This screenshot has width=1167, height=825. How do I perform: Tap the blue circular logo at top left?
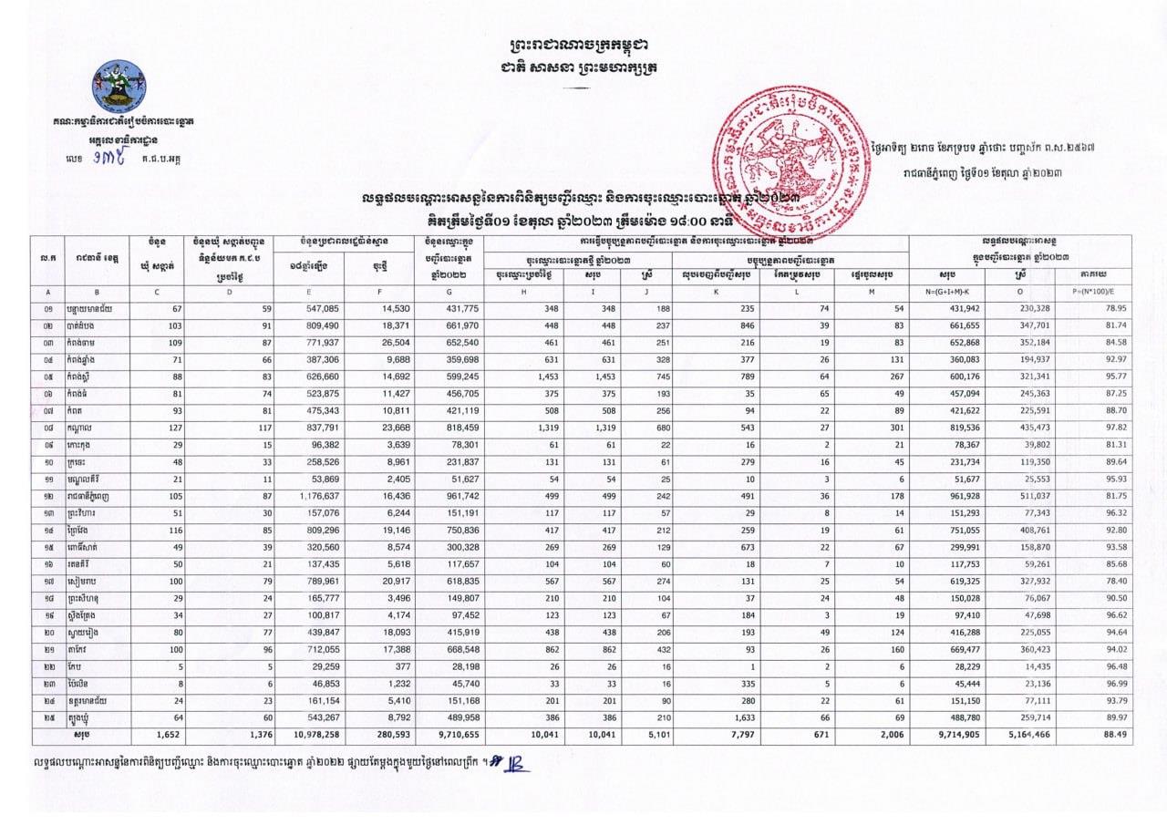tap(119, 86)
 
